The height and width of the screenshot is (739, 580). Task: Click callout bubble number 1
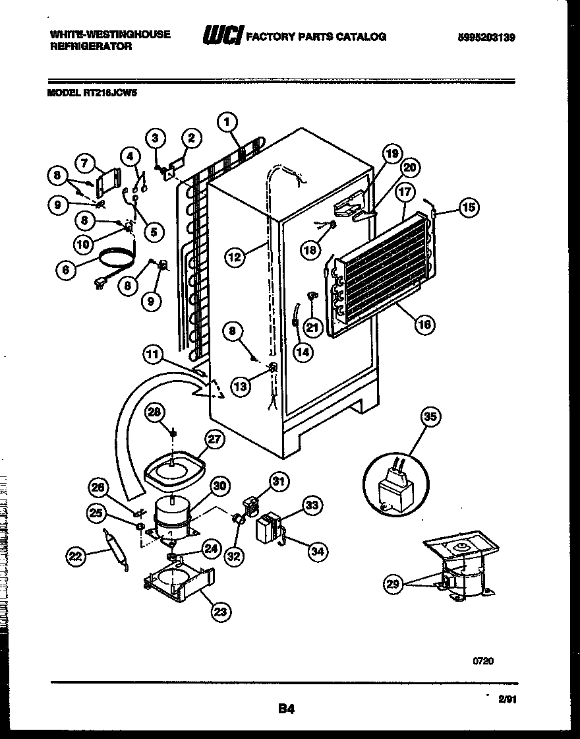[x=226, y=121]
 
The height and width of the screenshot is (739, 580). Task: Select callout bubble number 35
[x=430, y=416]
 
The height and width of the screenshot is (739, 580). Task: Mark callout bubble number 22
[x=76, y=556]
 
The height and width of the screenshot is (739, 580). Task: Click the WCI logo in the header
[x=222, y=36]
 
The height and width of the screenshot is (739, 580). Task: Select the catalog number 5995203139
[x=486, y=38]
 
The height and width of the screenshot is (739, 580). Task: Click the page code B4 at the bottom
[x=285, y=709]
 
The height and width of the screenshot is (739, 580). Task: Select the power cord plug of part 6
[x=100, y=285]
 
